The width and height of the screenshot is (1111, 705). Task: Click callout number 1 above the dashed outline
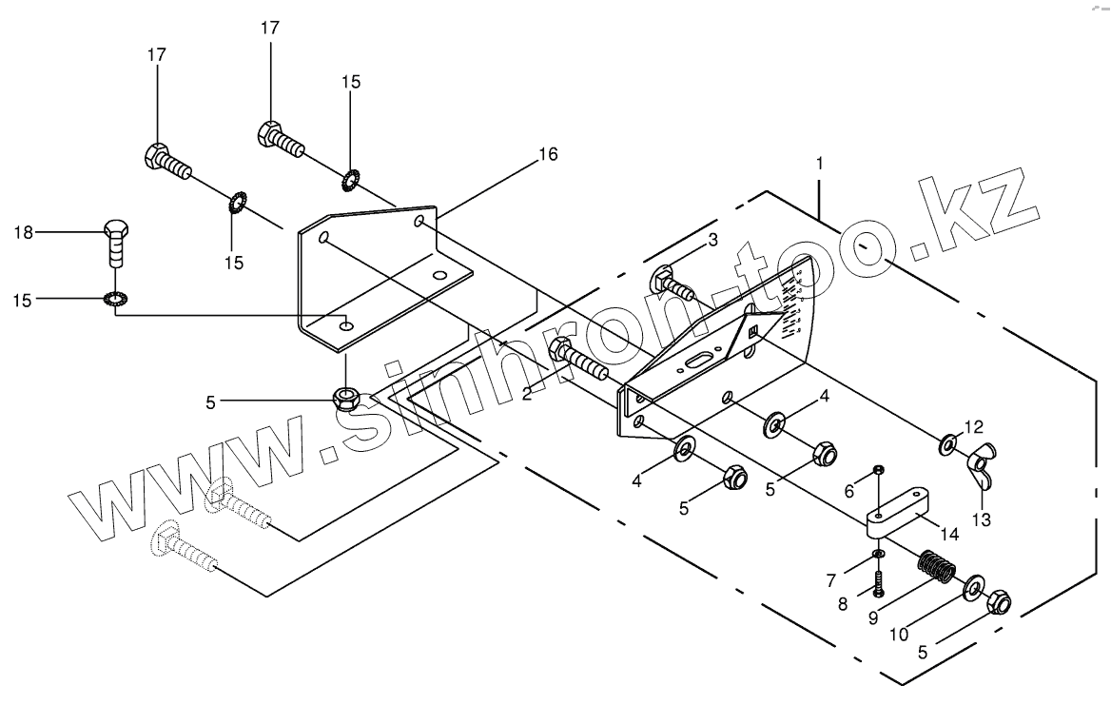(819, 164)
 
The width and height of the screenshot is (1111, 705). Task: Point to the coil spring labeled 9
(938, 570)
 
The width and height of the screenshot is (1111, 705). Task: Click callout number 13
(981, 519)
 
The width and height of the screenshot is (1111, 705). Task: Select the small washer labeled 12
(949, 443)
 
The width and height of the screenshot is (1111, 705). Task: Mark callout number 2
(526, 393)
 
